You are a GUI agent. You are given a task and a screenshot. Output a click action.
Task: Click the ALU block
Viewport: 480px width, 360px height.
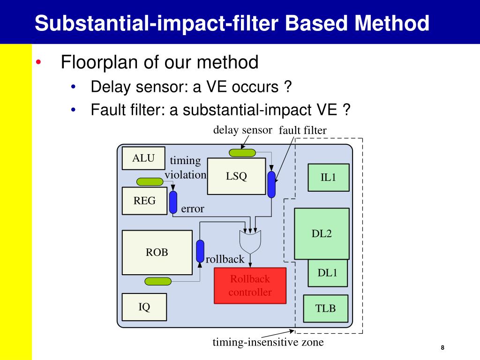[x=143, y=158]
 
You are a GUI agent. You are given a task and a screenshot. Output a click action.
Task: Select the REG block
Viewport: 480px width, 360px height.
[x=144, y=201]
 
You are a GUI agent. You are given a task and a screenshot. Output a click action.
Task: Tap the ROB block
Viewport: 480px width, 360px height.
[x=157, y=252]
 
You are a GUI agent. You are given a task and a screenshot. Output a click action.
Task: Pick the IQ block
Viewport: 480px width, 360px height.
[x=144, y=307]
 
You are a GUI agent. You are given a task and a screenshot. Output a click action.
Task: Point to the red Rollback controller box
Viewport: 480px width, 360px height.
[x=250, y=285]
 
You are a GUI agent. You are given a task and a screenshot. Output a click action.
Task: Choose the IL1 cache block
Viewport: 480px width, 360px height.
[x=328, y=178]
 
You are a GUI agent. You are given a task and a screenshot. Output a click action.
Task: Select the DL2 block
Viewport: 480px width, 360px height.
[x=322, y=233]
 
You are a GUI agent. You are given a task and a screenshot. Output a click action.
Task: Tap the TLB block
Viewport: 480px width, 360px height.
[x=326, y=308]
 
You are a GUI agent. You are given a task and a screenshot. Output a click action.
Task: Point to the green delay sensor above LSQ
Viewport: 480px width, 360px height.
[x=242, y=152]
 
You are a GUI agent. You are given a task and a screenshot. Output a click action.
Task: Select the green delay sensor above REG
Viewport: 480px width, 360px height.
[x=150, y=181]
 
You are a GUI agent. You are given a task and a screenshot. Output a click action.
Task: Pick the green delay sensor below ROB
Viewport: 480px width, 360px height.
[x=158, y=281]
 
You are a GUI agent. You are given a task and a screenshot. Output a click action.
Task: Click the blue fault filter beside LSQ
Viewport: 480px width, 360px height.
[x=271, y=184]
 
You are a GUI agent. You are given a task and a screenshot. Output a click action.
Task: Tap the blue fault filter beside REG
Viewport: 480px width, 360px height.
[x=173, y=202]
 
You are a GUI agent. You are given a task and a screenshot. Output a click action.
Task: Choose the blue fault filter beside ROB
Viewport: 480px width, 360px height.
[x=200, y=251]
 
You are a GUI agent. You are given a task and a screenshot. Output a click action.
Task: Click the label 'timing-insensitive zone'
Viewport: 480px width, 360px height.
[x=268, y=342]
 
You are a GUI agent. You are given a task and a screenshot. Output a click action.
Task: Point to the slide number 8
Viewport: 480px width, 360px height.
[x=442, y=348]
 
